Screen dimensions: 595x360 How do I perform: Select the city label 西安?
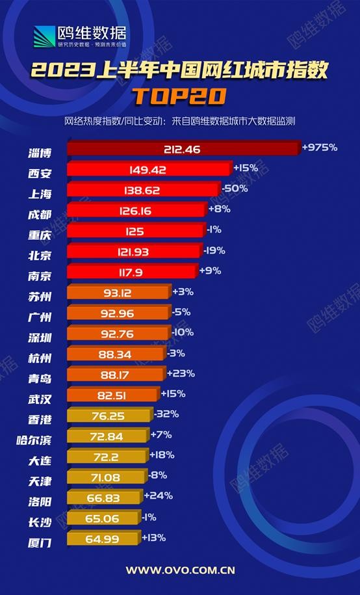[40, 174]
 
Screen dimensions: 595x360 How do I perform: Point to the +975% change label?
[320, 148]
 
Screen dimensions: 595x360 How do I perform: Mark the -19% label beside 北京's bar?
[213, 249]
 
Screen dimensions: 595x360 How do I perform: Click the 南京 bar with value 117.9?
[131, 272]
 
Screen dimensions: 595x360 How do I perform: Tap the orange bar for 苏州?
[118, 293]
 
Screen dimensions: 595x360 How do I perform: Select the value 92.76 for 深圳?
[118, 333]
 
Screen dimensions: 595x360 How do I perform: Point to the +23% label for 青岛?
[181, 374]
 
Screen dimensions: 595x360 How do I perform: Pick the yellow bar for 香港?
[109, 415]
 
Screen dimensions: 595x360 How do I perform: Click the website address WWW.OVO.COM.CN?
[180, 570]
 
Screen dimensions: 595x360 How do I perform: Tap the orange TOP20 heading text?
[179, 96]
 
